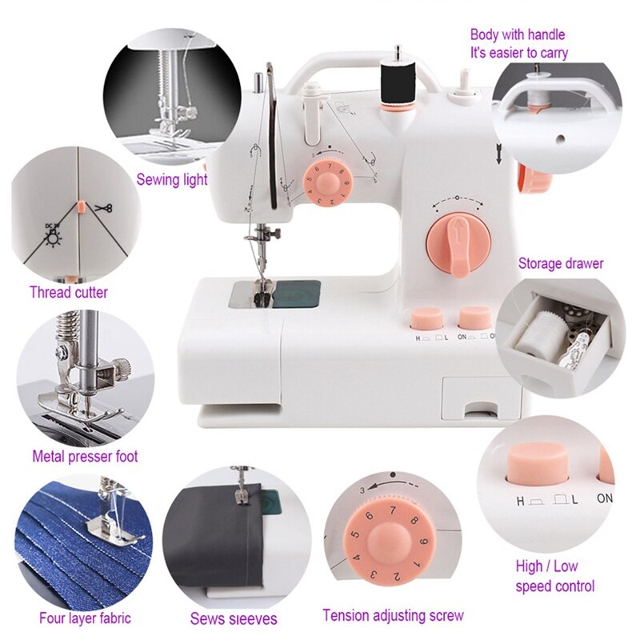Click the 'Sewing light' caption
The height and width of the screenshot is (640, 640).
click(171, 180)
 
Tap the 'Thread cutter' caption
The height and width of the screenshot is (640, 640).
click(69, 292)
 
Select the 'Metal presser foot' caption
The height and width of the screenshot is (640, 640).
click(85, 457)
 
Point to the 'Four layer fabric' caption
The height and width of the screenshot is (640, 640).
click(86, 618)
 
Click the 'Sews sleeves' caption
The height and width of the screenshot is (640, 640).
click(234, 619)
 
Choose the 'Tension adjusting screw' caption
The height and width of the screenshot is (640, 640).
click(393, 615)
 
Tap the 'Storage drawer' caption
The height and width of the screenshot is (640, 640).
click(561, 263)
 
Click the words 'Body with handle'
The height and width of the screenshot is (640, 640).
click(517, 34)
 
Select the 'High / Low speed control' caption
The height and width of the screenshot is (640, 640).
click(554, 576)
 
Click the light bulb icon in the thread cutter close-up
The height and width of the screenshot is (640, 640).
click(54, 234)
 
